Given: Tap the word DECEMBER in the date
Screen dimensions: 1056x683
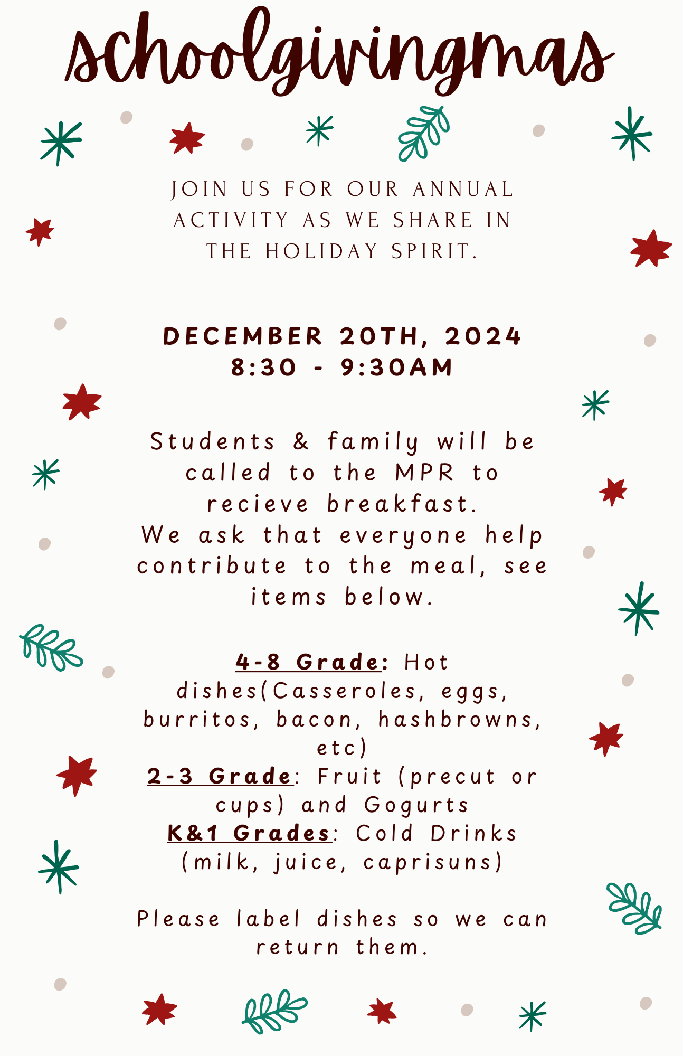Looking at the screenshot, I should pyautogui.click(x=242, y=336).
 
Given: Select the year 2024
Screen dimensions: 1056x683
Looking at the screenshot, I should pyautogui.click(x=483, y=336).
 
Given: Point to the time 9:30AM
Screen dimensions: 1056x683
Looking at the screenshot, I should pyautogui.click(x=397, y=367).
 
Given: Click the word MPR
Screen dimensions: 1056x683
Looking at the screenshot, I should pyautogui.click(x=424, y=473).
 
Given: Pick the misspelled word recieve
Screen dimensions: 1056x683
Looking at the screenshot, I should pyautogui.click(x=258, y=504).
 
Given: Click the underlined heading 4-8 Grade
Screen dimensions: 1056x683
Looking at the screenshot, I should pyautogui.click(x=308, y=662).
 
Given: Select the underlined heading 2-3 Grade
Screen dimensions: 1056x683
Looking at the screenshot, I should pyautogui.click(x=220, y=776).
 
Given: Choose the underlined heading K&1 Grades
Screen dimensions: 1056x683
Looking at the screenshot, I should pyautogui.click(x=249, y=833).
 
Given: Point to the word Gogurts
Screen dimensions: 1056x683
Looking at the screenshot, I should pyautogui.click(x=416, y=805).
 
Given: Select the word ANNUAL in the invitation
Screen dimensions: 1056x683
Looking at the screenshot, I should pyautogui.click(x=463, y=189).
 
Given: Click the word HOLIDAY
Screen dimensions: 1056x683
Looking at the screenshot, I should pyautogui.click(x=322, y=251).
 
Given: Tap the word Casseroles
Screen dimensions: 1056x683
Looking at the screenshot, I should pyautogui.click(x=344, y=691).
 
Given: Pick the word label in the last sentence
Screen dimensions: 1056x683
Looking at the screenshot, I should pyautogui.click(x=269, y=919).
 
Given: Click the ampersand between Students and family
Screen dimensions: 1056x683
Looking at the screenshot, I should pyautogui.click(x=301, y=442).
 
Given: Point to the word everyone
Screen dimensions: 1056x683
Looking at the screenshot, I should pyautogui.click(x=403, y=535).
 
